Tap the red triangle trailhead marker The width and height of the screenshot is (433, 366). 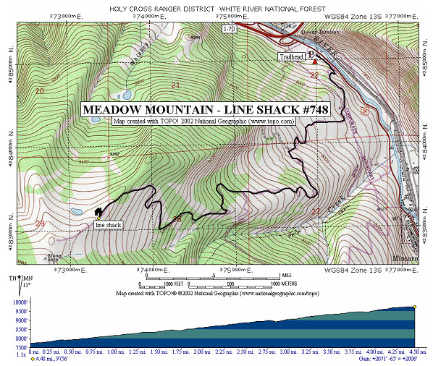pyautogui.click(x=314, y=61)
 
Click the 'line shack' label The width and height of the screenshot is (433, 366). pyautogui.click(x=107, y=225)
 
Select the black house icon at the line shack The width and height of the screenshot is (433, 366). pyautogui.click(x=98, y=212)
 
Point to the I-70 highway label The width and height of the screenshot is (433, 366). pyautogui.click(x=229, y=29)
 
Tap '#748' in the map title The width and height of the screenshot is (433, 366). pyautogui.click(x=312, y=109)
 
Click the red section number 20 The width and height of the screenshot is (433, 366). pyautogui.click(x=39, y=91)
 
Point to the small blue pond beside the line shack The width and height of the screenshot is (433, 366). pyautogui.click(x=77, y=212)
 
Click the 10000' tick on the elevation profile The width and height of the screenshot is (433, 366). pyautogui.click(x=19, y=302)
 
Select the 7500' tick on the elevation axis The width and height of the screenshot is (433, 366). pyautogui.click(x=19, y=347)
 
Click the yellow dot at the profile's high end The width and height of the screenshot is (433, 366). pyautogui.click(x=415, y=307)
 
